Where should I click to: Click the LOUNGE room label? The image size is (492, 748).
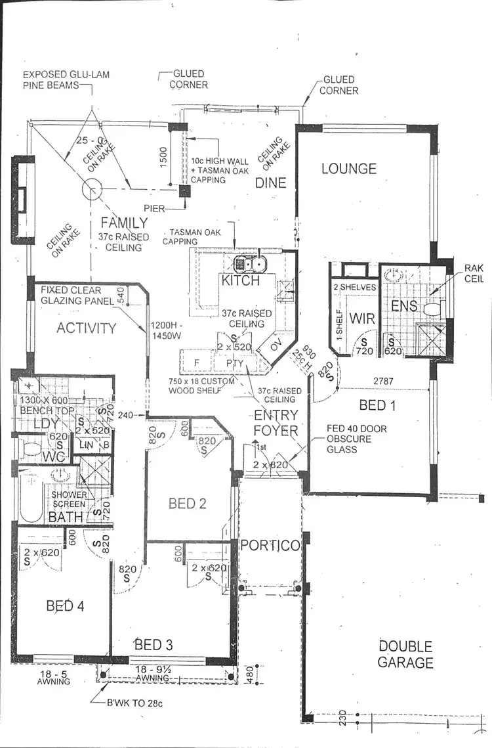coord(348,169)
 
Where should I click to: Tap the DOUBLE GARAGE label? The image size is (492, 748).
coord(405,655)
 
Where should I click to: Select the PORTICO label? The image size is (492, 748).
coord(270,546)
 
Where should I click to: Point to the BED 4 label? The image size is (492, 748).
coord(64,605)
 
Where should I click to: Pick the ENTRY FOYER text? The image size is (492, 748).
coord(276,423)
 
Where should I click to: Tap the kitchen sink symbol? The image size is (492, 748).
coord(251,264)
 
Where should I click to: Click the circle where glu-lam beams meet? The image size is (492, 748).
coord(92,190)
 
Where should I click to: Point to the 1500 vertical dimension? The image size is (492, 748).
coord(164,156)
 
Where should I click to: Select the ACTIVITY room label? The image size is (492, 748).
coord(86,328)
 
